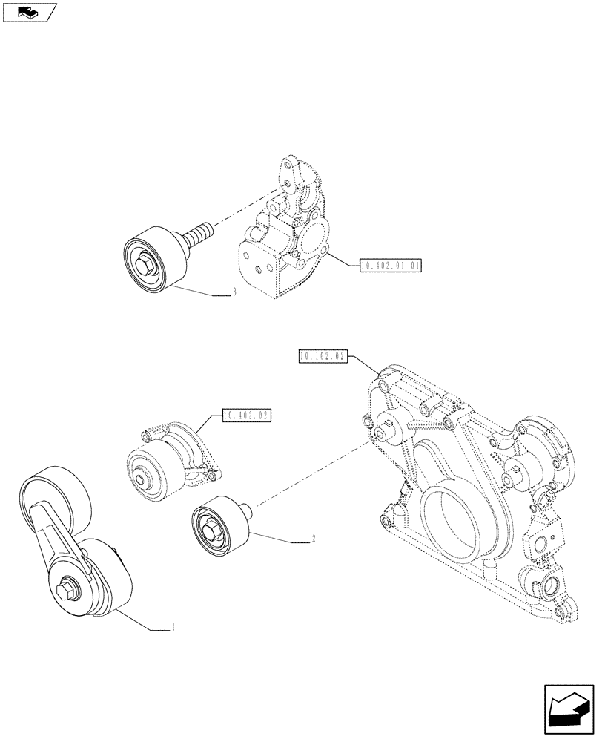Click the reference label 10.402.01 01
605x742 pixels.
click(x=390, y=265)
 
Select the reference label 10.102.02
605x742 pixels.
click(x=324, y=357)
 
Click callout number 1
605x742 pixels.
click(x=173, y=628)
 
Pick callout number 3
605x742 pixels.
click(x=234, y=292)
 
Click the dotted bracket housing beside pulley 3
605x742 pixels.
click(x=278, y=237)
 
